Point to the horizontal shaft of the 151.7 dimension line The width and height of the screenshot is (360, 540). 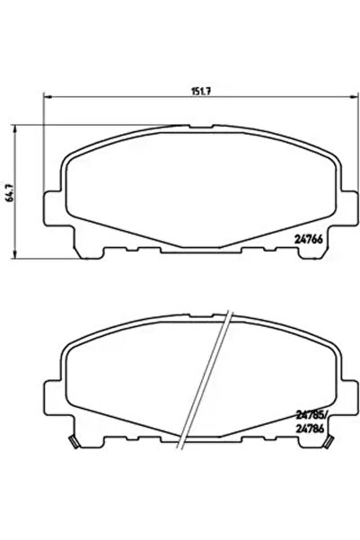[117, 100]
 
